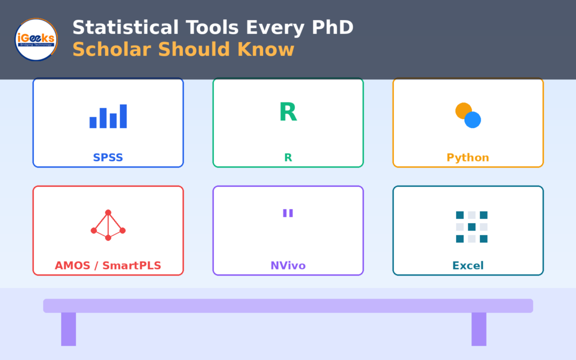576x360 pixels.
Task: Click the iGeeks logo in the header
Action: (x=36, y=39)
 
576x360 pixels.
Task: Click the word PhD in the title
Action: (x=332, y=28)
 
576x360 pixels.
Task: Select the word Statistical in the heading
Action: (x=125, y=28)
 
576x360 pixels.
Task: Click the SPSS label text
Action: (x=108, y=157)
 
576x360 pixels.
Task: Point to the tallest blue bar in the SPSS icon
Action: (x=123, y=116)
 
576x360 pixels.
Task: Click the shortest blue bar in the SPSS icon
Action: (x=93, y=123)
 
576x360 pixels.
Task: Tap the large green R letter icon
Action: (x=288, y=112)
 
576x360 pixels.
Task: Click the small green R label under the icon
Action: (x=288, y=157)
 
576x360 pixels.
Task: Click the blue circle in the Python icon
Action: (x=472, y=120)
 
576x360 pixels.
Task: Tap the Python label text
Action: (x=468, y=157)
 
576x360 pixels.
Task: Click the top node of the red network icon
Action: (x=108, y=212)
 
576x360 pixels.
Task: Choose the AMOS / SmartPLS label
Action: (x=108, y=265)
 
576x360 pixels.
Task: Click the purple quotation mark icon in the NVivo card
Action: (x=288, y=213)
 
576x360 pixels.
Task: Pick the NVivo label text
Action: (x=288, y=265)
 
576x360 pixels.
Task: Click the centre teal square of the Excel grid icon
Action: (x=472, y=227)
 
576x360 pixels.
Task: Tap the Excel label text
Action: (x=468, y=265)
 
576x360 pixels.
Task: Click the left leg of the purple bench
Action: (x=69, y=329)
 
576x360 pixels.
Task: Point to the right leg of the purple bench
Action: (x=479, y=329)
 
